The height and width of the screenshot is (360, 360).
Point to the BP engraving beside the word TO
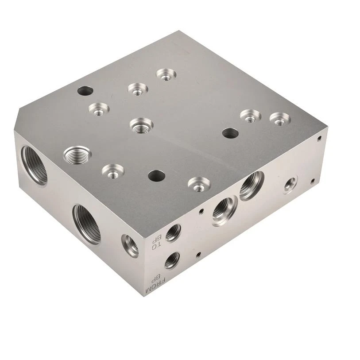154,241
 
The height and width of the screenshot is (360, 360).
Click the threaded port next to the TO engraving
173,233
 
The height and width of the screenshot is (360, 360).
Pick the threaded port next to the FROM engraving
172,260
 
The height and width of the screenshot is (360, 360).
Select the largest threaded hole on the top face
77,155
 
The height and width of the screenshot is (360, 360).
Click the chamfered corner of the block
16,121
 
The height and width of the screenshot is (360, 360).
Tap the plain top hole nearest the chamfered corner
85,91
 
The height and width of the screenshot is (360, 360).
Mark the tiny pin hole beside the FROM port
198,254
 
